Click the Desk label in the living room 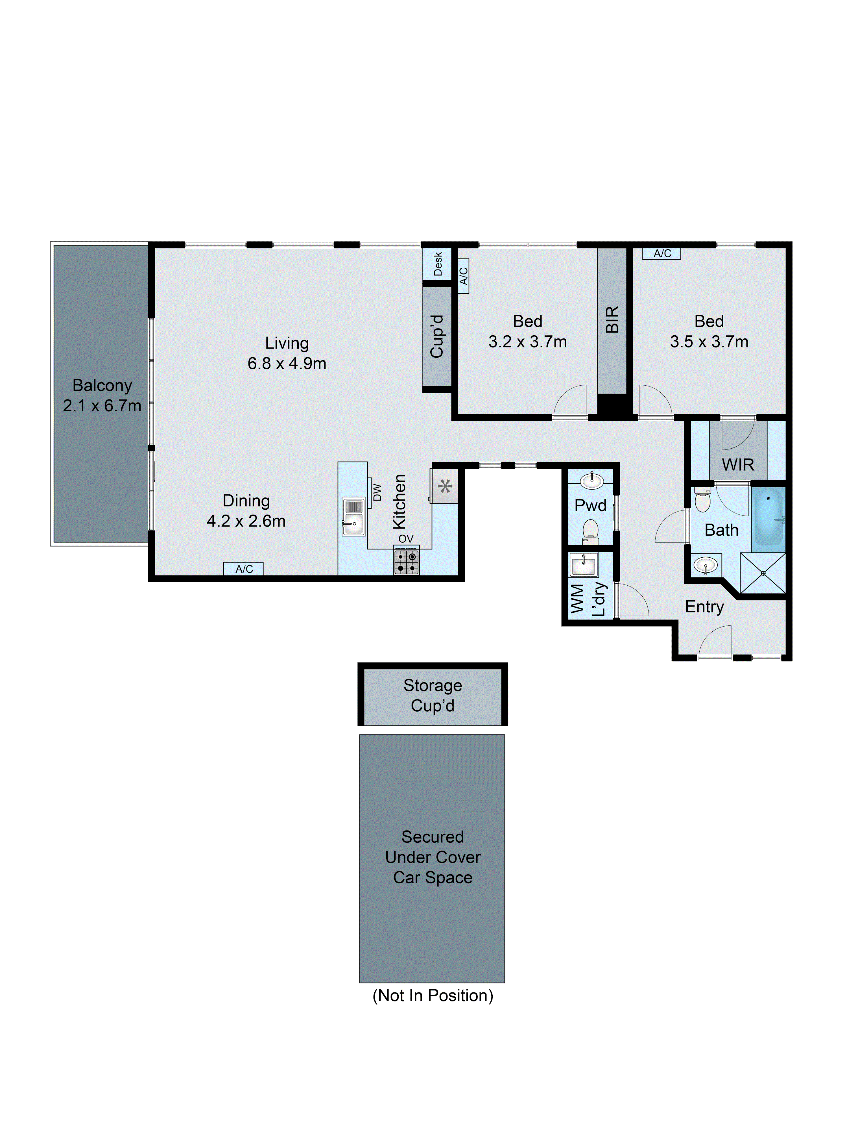pos(438,264)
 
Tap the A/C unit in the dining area pos(244,569)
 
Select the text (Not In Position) pos(433,995)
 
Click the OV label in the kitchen pos(406,539)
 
